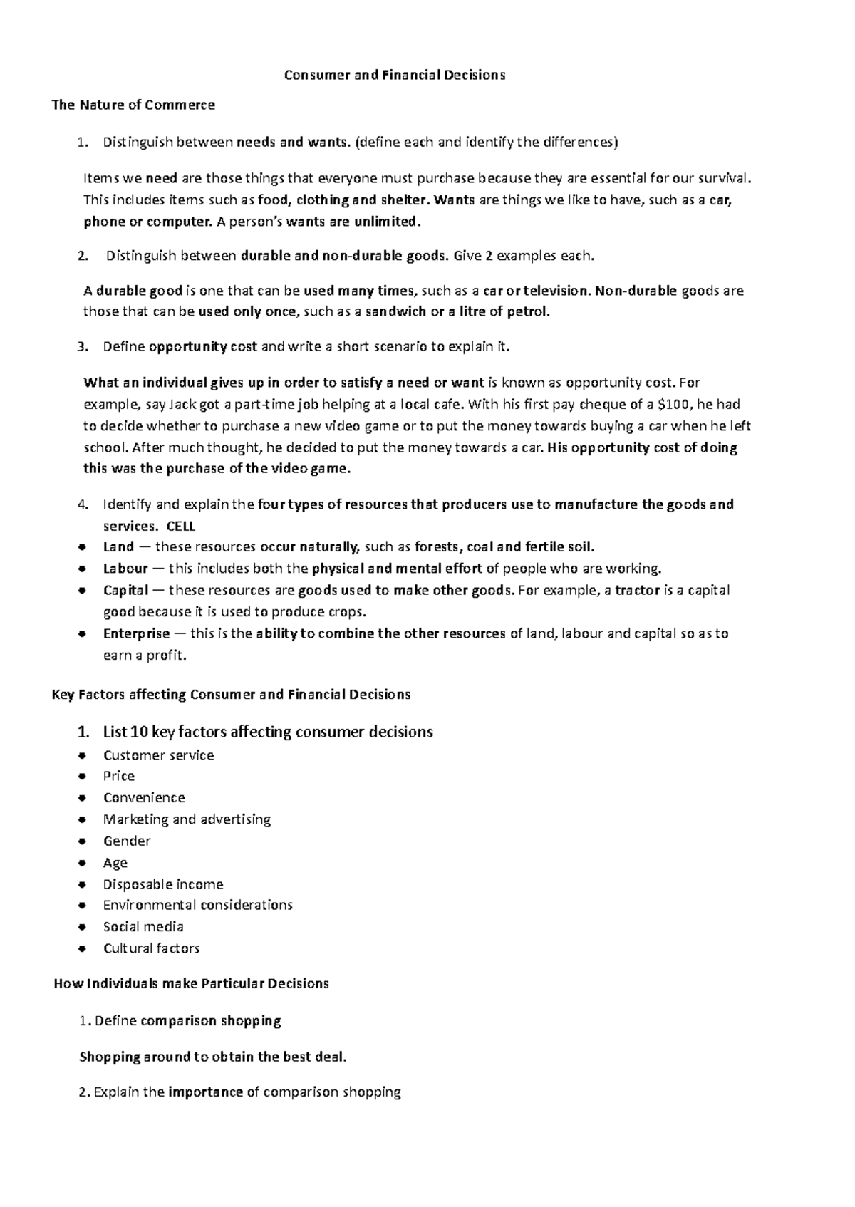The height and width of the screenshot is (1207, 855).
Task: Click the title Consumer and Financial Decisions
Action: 395,75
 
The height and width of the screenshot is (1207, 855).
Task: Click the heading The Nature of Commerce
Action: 133,105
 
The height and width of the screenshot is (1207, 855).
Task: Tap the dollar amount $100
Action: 673,405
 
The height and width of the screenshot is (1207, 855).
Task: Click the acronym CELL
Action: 180,527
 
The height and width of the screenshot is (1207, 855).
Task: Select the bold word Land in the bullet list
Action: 118,547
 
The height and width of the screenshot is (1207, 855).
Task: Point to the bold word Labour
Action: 125,569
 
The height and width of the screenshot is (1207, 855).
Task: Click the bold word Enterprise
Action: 137,633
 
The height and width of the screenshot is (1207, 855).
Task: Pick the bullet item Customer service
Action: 158,755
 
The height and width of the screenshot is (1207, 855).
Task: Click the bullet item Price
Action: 119,776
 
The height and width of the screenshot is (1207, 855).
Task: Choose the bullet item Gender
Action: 127,841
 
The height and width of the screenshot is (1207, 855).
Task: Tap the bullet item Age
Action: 115,863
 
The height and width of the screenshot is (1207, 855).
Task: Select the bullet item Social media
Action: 143,927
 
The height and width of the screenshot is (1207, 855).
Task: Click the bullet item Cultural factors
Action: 151,948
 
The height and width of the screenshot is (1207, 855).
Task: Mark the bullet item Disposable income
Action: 163,884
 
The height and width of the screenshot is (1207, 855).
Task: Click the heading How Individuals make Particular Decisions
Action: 192,984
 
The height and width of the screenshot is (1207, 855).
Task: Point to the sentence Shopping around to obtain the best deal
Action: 213,1057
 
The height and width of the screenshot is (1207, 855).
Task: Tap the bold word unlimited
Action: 387,222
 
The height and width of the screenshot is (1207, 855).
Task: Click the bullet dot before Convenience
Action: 83,798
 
